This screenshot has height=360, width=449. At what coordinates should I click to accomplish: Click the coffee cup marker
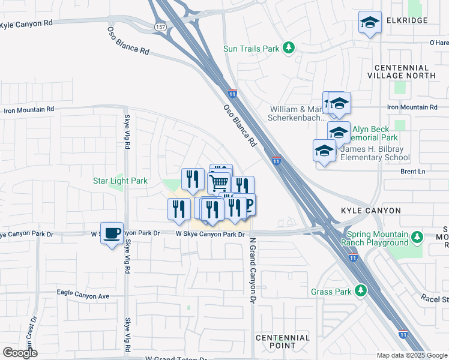tap(112, 233)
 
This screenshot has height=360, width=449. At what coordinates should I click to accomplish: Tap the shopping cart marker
tap(219, 182)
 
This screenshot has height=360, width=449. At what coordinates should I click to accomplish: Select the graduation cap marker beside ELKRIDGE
tap(370, 23)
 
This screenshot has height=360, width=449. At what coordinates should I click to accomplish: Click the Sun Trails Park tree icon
tap(289, 47)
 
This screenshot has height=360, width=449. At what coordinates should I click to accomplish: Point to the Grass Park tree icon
tap(360, 291)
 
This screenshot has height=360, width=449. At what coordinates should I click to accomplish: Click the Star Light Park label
tap(120, 181)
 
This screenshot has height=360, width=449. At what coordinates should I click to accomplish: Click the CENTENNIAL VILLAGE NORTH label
tap(402, 72)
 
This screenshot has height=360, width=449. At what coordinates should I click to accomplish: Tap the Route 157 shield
tap(160, 27)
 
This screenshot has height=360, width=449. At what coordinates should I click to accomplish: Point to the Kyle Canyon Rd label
tap(26, 23)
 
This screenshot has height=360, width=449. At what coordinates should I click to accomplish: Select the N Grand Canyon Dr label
tap(253, 270)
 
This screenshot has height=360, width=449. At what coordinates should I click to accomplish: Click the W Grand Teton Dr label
tap(176, 358)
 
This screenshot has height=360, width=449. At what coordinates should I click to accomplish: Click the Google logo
tap(20, 353)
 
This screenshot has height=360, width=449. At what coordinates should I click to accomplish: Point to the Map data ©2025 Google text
tap(412, 355)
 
